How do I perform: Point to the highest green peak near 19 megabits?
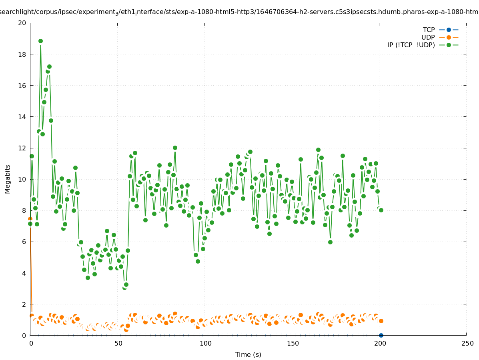point(40,41)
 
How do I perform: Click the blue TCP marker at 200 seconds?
point(381,335)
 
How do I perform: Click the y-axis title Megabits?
point(8,179)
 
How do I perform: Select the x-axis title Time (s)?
point(248,354)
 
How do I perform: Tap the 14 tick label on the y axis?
point(22,117)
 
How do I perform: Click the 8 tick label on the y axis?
point(24,210)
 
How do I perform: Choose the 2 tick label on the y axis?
point(24,304)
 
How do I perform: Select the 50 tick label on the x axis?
point(118,344)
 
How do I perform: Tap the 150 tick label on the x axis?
point(293,344)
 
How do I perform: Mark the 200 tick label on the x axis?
point(380,344)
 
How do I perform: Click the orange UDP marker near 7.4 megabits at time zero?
point(30,219)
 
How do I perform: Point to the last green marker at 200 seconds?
point(381,210)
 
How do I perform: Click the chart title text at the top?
point(239,12)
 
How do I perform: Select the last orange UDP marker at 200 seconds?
point(381,321)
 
